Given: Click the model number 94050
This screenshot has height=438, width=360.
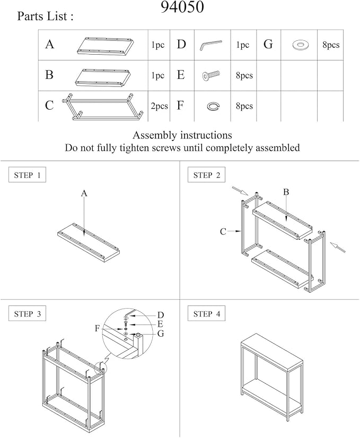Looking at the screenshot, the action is [182, 7].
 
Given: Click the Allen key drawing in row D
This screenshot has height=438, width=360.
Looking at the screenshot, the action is [211, 45].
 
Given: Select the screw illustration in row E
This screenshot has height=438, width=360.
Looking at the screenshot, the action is [211, 75].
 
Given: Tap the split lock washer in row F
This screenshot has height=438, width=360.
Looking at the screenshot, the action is [213, 106].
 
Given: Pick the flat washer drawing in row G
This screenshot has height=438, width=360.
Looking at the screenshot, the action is [301, 45].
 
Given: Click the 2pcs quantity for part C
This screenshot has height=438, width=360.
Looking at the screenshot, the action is [159, 106].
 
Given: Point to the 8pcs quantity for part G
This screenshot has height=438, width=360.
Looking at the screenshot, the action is [331, 45].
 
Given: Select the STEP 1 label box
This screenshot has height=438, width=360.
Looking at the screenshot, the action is [27, 175].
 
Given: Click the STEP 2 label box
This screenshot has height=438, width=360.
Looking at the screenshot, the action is [206, 175].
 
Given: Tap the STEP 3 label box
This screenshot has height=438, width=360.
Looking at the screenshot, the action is [27, 314].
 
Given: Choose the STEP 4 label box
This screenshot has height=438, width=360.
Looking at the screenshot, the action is [206, 314].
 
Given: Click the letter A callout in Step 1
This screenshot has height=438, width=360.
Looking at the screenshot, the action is [84, 194].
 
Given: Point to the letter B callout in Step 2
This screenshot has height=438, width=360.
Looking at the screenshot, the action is [286, 192].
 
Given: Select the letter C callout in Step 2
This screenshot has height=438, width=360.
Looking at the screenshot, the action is [223, 232].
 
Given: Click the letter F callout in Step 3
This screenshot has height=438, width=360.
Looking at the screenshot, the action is [97, 328].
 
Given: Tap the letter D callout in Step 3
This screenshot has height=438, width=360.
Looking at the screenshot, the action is [161, 315].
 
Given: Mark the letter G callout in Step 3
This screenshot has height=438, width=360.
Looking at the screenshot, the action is [161, 334].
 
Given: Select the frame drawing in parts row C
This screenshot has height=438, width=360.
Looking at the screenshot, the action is [103, 107].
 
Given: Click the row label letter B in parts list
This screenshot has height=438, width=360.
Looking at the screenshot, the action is [49, 75].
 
